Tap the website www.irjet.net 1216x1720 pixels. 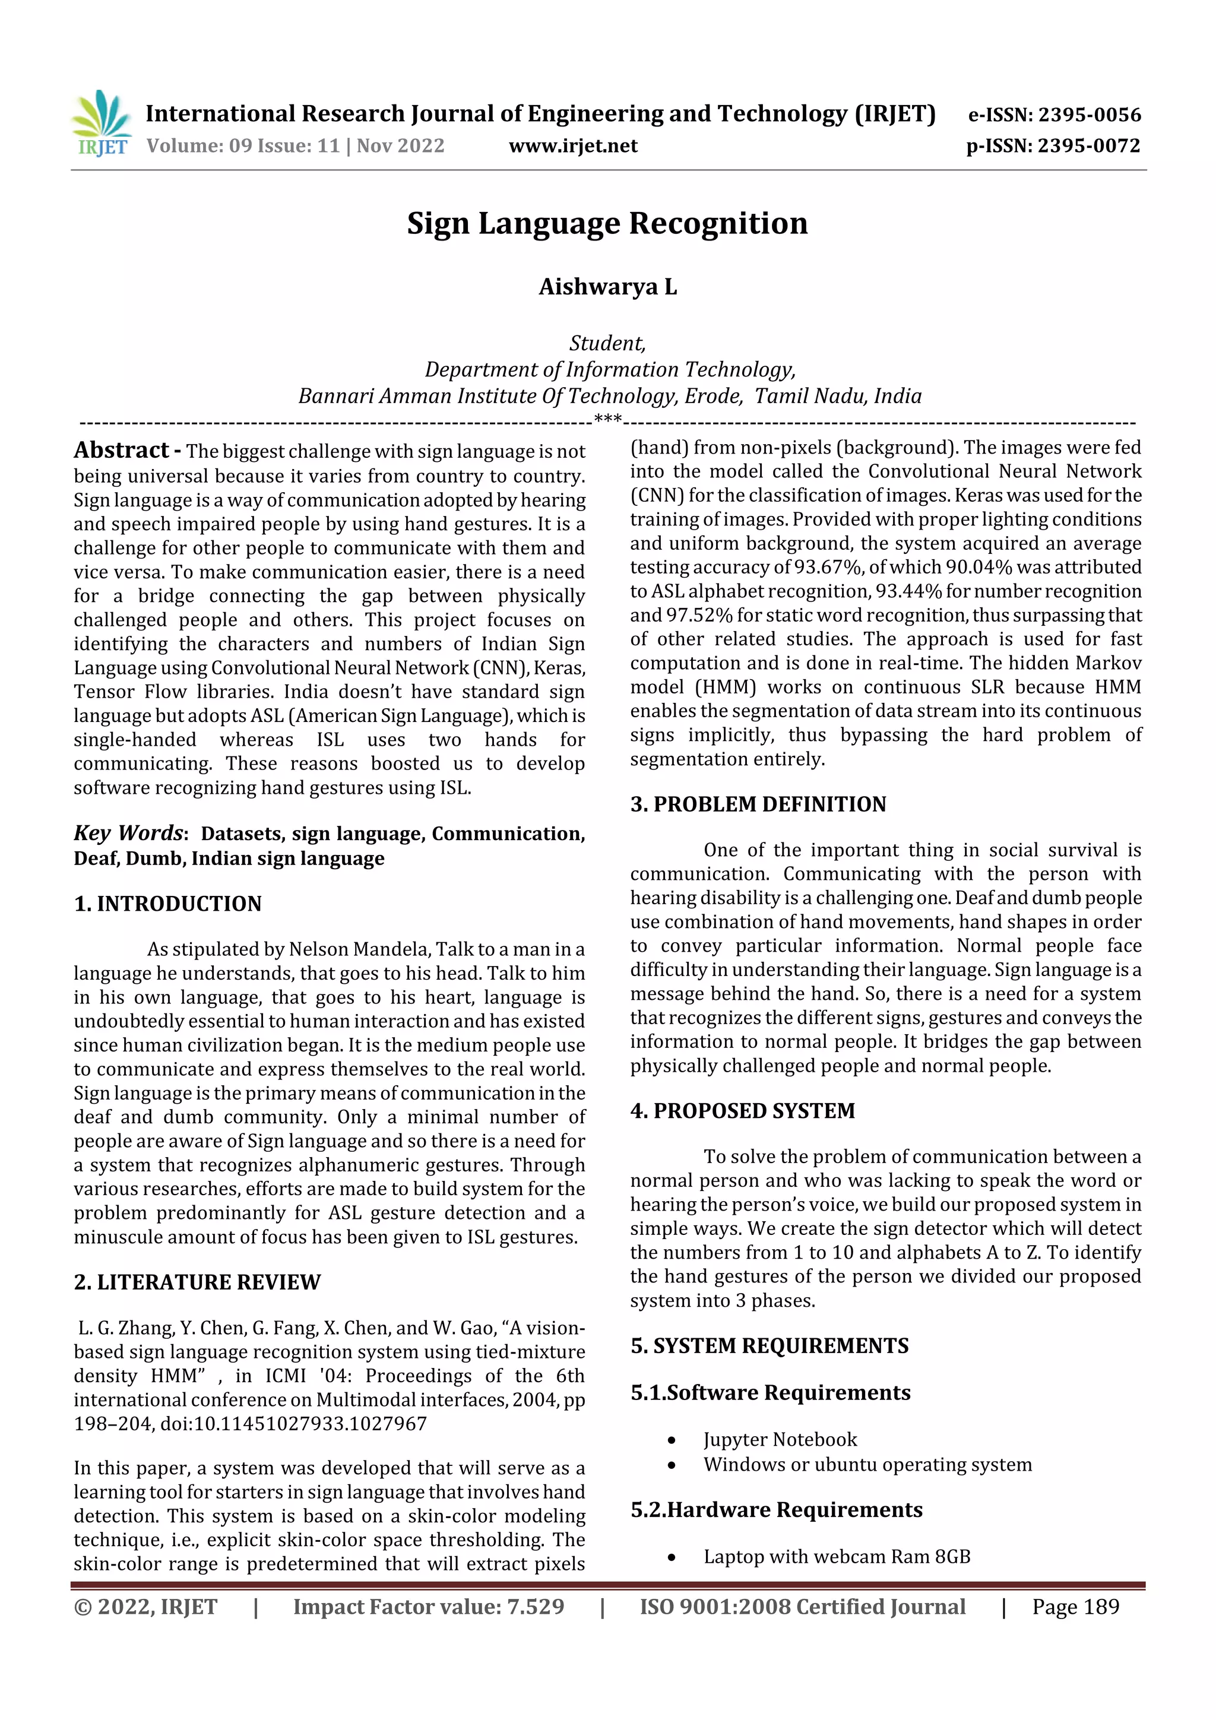click(x=573, y=145)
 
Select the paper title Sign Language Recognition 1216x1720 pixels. click(x=607, y=223)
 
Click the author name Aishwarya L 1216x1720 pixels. click(x=607, y=287)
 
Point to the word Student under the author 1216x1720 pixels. click(x=607, y=343)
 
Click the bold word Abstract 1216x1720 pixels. click(x=121, y=450)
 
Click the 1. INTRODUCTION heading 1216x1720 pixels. click(x=168, y=904)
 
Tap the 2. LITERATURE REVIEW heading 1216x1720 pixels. click(x=197, y=1282)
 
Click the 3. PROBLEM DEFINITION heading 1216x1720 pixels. click(x=758, y=804)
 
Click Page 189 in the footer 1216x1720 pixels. click(x=1075, y=1606)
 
